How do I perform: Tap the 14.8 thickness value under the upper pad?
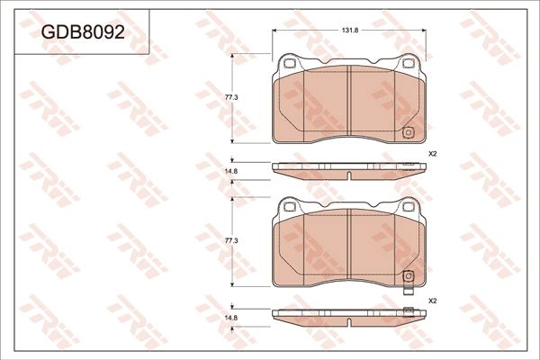point(230,171)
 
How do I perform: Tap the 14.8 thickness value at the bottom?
point(230,318)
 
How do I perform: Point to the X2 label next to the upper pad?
point(432,154)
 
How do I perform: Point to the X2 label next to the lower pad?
point(432,301)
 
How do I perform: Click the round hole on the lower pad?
point(408,275)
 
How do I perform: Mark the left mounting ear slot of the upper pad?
point(290,64)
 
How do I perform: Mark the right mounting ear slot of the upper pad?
point(407,64)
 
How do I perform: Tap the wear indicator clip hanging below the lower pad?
point(408,291)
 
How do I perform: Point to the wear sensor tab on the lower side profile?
point(408,310)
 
